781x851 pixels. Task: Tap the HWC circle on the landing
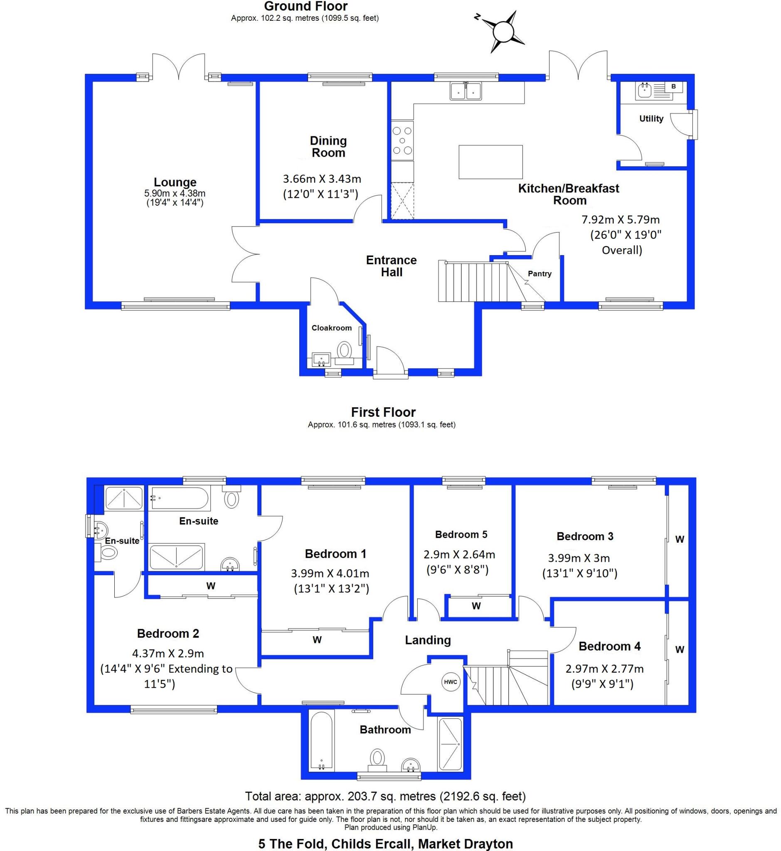pyautogui.click(x=450, y=681)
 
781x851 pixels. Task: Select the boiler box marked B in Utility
pyautogui.click(x=674, y=86)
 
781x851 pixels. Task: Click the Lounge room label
pyautogui.click(x=175, y=182)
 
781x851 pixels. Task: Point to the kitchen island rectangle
pyautogui.click(x=490, y=162)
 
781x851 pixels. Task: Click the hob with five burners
pyautogui.click(x=402, y=140)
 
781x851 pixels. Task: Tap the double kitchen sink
pyautogui.click(x=466, y=91)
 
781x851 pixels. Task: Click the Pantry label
pyautogui.click(x=540, y=273)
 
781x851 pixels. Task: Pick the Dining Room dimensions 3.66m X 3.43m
pyautogui.click(x=322, y=179)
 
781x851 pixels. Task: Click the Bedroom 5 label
pyautogui.click(x=461, y=534)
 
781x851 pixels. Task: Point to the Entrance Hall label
pyautogui.click(x=392, y=266)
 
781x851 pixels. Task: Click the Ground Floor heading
pyautogui.click(x=306, y=6)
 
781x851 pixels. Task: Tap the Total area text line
pyautogui.click(x=385, y=797)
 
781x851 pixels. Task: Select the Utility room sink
pyautogui.click(x=645, y=91)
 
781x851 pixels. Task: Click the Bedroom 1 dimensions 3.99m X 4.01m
pyautogui.click(x=330, y=573)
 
